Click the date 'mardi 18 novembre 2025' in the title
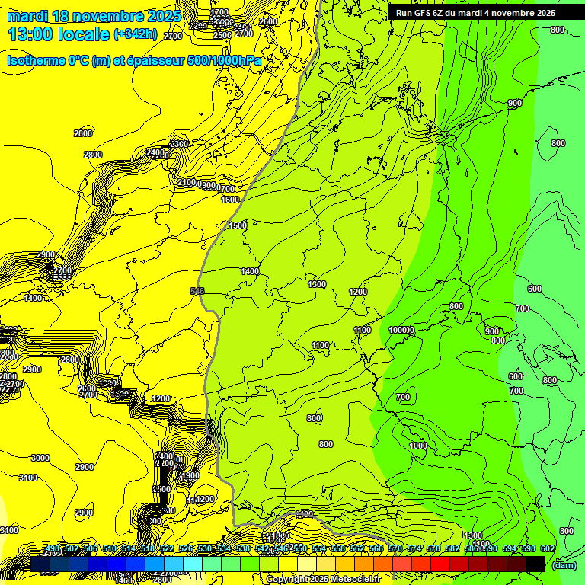(x=95, y=15)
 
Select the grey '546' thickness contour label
(x=197, y=291)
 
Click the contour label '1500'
(x=238, y=225)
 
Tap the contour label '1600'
(x=230, y=200)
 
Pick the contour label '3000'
(x=40, y=458)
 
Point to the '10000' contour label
(x=401, y=330)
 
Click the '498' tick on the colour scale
(x=52, y=548)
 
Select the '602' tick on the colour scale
(x=547, y=548)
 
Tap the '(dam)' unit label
(x=563, y=565)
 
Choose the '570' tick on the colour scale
(x=395, y=548)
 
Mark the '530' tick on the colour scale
(x=204, y=548)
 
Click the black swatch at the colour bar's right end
(x=535, y=564)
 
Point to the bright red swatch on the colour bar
(x=440, y=564)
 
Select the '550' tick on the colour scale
(x=299, y=548)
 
